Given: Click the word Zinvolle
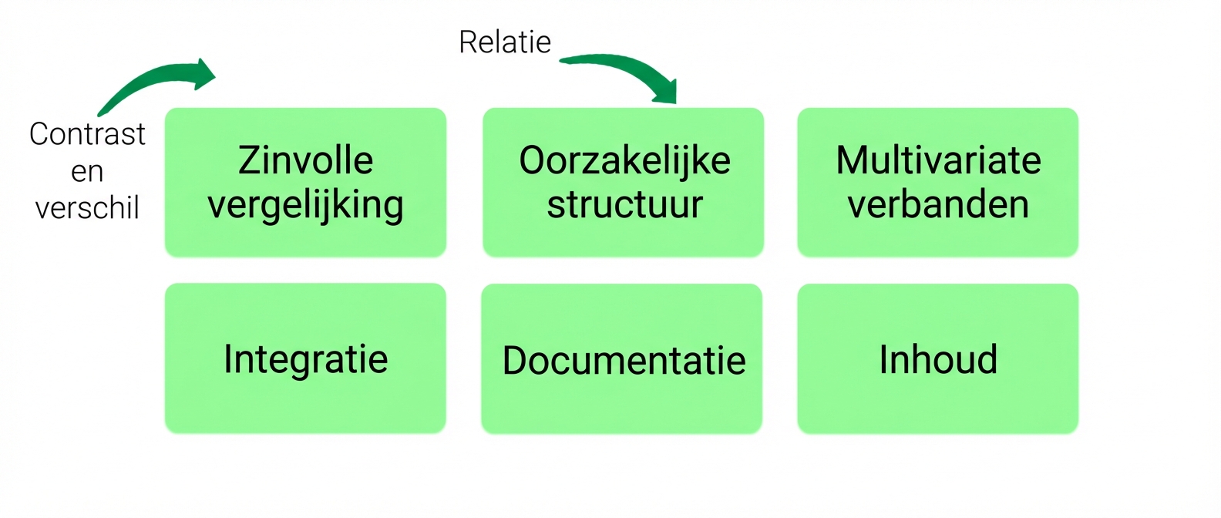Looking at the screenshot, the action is point(305,160).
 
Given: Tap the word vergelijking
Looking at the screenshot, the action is point(305,206).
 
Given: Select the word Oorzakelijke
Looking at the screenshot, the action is point(624,160).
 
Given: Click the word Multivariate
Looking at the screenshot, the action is point(939,160).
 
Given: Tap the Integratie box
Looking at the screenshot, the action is point(305,358).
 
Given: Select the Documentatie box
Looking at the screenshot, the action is point(622,358).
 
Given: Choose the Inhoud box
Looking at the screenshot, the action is point(938,358).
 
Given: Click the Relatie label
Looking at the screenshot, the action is point(505,42).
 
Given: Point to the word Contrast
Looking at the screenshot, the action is point(87,133).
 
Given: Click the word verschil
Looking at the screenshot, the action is point(87,208).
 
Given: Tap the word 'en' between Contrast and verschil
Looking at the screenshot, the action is point(87,173).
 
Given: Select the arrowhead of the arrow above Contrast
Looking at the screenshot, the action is point(205,74).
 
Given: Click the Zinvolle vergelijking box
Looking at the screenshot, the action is point(306,182).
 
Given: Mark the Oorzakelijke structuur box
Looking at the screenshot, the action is point(623,182).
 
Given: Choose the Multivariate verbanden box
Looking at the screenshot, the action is point(938,182).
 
